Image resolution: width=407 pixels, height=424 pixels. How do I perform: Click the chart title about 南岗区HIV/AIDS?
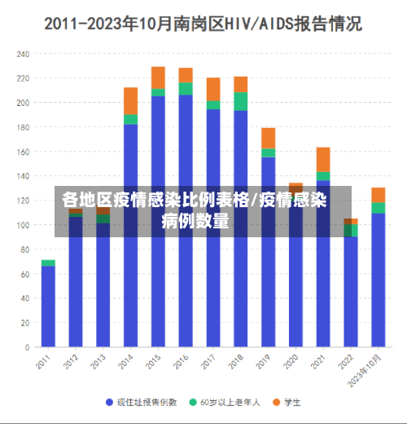point(203,24)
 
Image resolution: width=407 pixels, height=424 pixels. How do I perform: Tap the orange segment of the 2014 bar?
point(130,100)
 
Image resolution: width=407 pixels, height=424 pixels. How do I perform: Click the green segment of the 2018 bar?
point(240,101)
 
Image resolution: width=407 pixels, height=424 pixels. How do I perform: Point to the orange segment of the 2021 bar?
point(323,159)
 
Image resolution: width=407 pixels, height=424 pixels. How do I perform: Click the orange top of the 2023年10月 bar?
point(378,194)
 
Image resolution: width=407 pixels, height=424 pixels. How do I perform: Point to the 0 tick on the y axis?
point(27,347)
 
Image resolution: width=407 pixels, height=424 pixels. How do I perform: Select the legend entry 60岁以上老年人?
point(227,402)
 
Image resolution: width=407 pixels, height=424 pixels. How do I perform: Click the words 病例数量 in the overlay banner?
point(195,221)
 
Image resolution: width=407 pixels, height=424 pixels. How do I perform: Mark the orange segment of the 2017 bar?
point(213,88)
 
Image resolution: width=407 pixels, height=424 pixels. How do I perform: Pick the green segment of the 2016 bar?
point(186,88)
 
